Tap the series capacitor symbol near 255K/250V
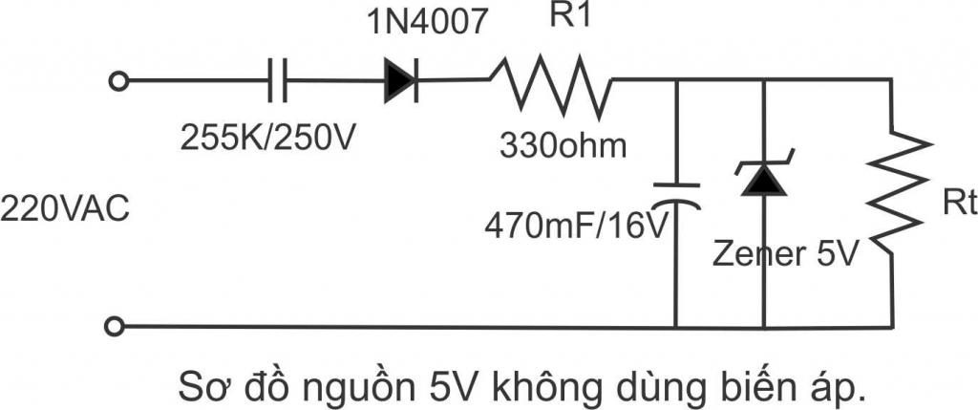coord(276,82)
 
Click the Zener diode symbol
coord(762,178)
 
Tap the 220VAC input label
coord(64,208)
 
